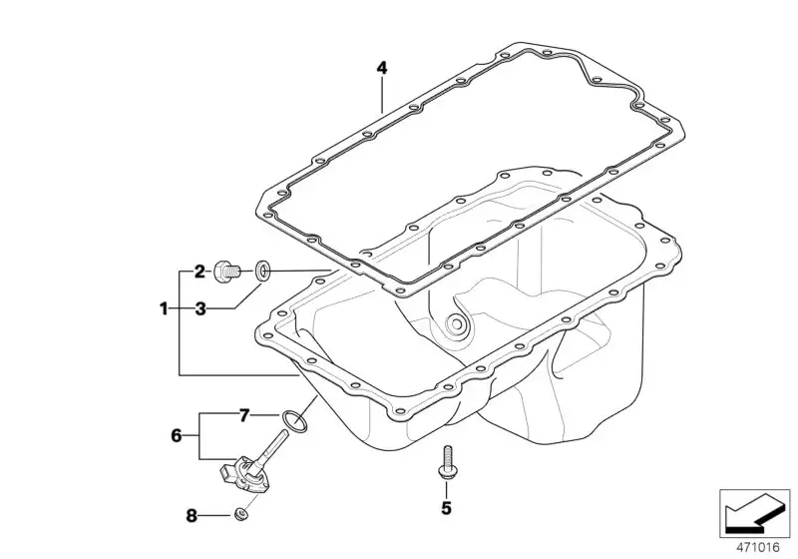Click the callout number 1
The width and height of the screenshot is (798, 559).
coord(164,308)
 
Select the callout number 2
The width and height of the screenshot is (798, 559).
coord(200,272)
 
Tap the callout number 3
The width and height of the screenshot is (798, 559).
coord(200,308)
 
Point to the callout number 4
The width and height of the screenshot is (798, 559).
coord(382,68)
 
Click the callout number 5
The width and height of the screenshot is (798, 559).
coord(446,507)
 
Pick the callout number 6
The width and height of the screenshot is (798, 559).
coord(177,436)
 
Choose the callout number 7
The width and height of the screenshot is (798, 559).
coord(244,416)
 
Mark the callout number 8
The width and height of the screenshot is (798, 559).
coord(192,516)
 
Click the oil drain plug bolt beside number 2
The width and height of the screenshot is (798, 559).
coord(226,272)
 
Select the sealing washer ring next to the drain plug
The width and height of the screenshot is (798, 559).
coord(262,271)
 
